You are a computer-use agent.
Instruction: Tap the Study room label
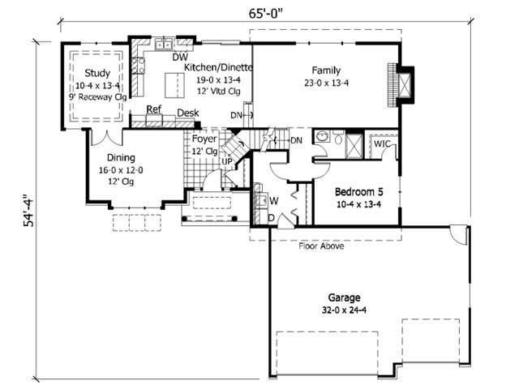click(97, 73)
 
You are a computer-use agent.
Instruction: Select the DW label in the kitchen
click(180, 58)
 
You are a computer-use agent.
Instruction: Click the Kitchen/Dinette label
click(218, 68)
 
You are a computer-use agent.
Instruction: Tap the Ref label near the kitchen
click(153, 109)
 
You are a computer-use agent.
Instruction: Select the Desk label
click(188, 113)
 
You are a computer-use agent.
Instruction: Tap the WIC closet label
click(384, 143)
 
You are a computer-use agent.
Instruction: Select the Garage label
click(344, 297)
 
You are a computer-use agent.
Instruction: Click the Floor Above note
click(321, 246)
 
